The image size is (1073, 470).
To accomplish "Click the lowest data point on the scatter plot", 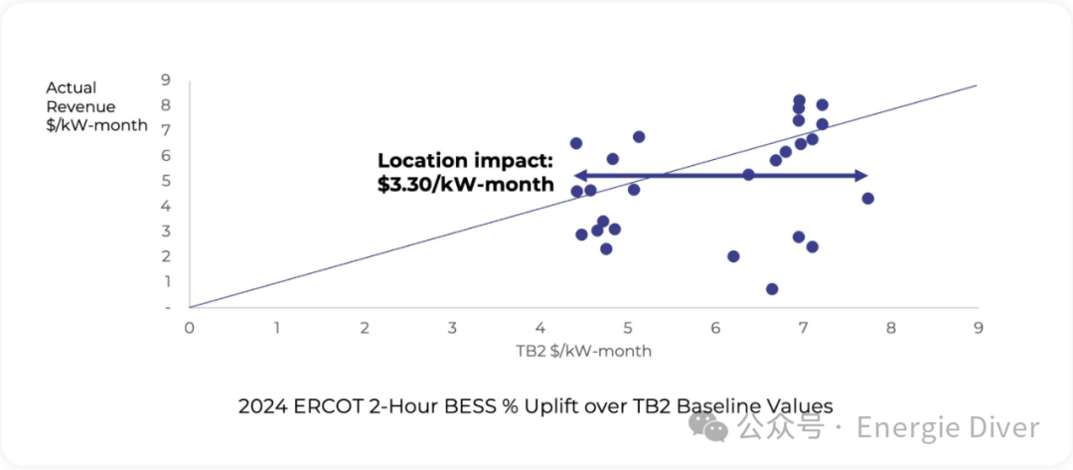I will click(x=772, y=289).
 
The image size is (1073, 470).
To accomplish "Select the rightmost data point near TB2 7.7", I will click(x=867, y=199).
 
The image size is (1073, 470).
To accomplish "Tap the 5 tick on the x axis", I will click(x=627, y=327).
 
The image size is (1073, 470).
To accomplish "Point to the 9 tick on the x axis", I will click(x=978, y=327).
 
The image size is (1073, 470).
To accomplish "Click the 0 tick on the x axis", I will click(x=189, y=327).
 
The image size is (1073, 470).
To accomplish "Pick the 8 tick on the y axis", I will click(x=166, y=104).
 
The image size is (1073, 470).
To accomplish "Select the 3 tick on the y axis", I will click(x=166, y=231).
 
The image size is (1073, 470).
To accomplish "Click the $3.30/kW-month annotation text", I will click(x=465, y=184).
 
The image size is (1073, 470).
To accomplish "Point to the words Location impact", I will click(x=465, y=161).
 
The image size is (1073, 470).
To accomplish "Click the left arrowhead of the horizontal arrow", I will click(x=579, y=176).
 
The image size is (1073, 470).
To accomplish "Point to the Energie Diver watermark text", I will click(x=948, y=428).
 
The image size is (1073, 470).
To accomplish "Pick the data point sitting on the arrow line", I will click(x=748, y=175).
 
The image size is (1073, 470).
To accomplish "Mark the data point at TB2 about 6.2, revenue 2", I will click(x=733, y=256).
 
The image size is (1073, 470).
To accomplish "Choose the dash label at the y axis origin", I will click(x=166, y=307).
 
